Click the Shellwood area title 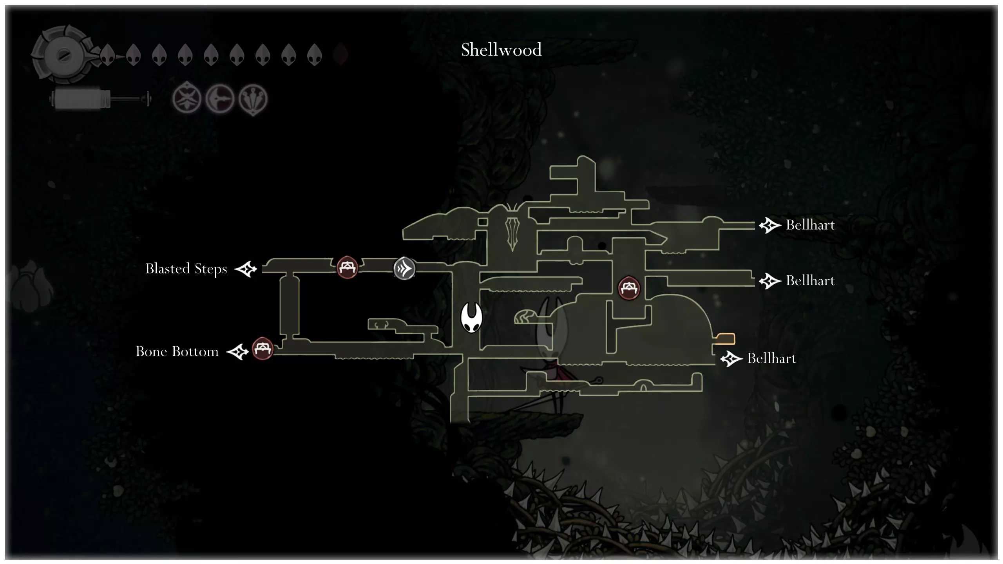pos(501,50)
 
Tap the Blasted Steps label pos(186,269)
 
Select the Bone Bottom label pos(177,351)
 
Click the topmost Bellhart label pos(810,225)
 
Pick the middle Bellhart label pos(810,281)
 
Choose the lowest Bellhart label pos(771,358)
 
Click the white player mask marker pos(471,317)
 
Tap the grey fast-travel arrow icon pos(404,269)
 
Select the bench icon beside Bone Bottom pos(263,348)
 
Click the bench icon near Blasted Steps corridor pos(347,268)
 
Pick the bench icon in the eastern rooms pos(629,288)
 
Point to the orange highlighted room pos(725,338)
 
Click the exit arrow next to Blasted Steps pos(246,269)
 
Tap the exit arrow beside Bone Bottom pos(238,352)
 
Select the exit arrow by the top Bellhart pos(770,225)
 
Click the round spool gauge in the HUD pos(63,55)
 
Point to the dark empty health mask pos(340,54)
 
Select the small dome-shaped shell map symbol pos(525,316)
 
